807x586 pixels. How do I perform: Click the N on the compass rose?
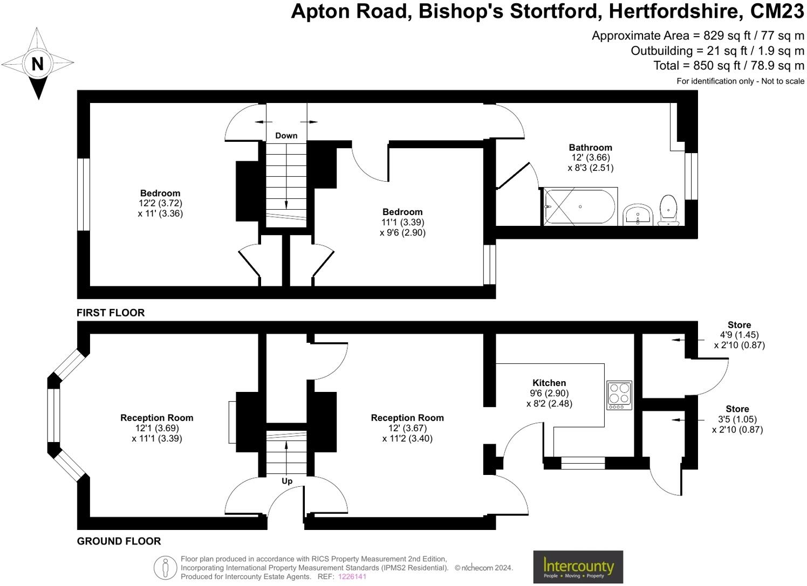(37, 64)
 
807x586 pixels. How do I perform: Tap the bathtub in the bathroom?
(579, 207)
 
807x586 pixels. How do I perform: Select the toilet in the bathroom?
(668, 210)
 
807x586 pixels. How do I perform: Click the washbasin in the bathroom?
(638, 215)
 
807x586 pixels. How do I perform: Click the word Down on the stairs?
(286, 136)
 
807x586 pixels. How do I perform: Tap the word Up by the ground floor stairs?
(287, 481)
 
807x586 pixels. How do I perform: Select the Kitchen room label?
(549, 383)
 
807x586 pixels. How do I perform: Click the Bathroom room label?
(590, 147)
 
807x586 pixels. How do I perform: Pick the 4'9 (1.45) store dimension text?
(739, 335)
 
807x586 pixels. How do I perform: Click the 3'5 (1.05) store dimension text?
(737, 419)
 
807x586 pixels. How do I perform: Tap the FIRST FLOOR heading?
(111, 313)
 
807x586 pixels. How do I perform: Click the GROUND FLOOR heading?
(119, 541)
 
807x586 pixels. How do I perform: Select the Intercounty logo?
(578, 567)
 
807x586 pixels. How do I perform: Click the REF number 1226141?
(352, 577)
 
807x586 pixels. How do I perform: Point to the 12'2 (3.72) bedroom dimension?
(160, 203)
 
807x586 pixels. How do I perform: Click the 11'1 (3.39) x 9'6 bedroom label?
(402, 222)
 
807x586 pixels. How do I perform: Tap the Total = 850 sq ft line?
(728, 66)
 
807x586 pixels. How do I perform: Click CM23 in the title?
(777, 11)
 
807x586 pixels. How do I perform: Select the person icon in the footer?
(166, 568)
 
